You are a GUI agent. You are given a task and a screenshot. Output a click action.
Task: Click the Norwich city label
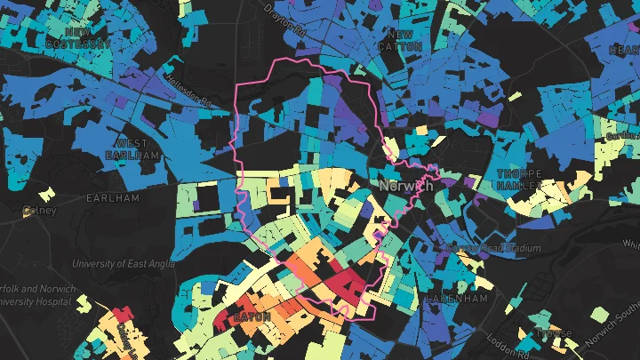(405, 187)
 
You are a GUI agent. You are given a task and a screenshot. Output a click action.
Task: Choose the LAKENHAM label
(457, 299)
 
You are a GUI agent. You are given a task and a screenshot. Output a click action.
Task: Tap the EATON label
(244, 316)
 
